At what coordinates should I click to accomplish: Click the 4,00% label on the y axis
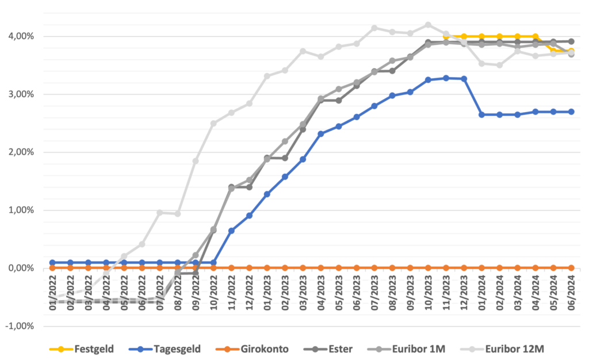coord(21,36)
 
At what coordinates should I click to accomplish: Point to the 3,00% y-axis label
coord(21,94)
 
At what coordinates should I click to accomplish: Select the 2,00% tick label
coord(21,152)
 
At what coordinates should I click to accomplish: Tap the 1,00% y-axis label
coord(21,210)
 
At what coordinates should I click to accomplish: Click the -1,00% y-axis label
coord(19,326)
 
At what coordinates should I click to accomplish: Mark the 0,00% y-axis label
coord(21,268)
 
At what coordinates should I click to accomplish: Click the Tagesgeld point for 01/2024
coord(481,114)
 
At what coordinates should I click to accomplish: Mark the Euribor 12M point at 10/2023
coord(428,25)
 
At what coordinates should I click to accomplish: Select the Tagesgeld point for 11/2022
coord(231,231)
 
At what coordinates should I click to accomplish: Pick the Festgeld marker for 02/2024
coord(499,36)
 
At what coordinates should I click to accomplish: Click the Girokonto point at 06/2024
coord(571,268)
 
